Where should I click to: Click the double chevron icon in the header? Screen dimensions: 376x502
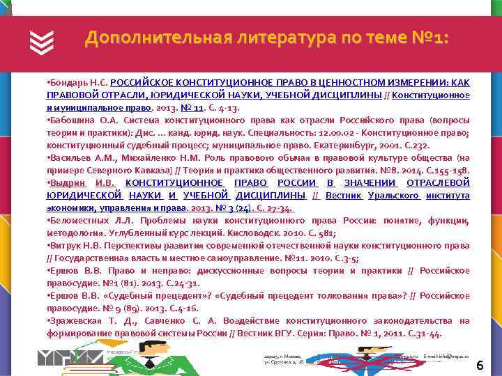click(x=42, y=43)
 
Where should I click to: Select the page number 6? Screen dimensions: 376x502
click(x=480, y=366)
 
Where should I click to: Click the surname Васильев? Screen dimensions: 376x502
click(x=68, y=158)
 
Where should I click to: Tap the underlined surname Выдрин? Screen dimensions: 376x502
click(x=66, y=182)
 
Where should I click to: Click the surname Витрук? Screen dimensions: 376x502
click(x=64, y=246)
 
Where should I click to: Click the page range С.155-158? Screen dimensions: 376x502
click(x=446, y=171)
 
